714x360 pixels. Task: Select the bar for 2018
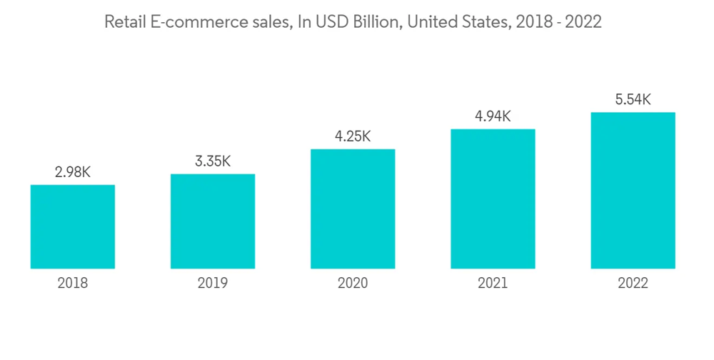point(73,226)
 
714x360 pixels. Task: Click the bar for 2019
point(213,221)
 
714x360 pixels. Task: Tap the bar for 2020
point(353,209)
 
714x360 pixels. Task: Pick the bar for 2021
point(493,199)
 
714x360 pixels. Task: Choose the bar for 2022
point(633,190)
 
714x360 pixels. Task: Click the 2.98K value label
point(73,172)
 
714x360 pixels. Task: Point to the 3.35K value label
point(213,161)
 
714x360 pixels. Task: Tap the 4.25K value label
point(353,136)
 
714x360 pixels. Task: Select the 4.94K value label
point(493,116)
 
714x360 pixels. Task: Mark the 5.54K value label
point(633,99)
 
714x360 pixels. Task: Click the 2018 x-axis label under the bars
point(73,284)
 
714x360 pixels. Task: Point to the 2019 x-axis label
point(213,284)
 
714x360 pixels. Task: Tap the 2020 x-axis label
point(353,284)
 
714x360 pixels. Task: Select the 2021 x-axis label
point(493,284)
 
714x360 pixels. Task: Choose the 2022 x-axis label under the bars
point(633,284)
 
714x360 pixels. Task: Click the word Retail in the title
point(124,23)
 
